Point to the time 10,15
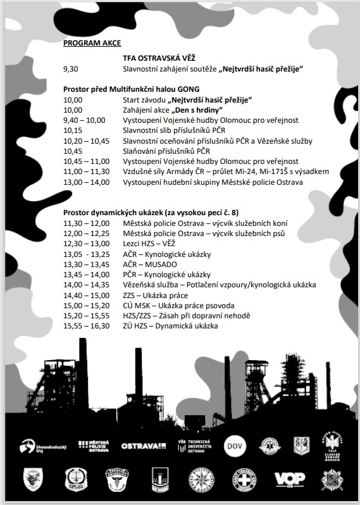73,130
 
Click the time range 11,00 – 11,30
85,171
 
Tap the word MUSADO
162,265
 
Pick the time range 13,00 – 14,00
85,182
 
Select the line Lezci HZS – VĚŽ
150,244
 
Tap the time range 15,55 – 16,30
85,326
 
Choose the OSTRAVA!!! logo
143,446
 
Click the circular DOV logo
235,445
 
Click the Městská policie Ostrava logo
94,446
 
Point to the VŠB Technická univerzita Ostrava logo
192,446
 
